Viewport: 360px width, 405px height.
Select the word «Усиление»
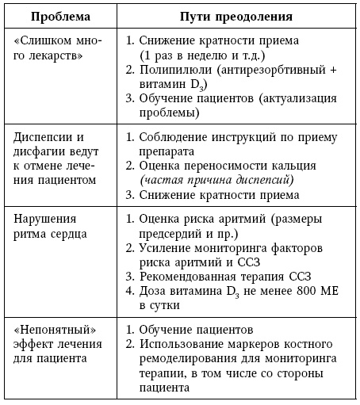[168, 248]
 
